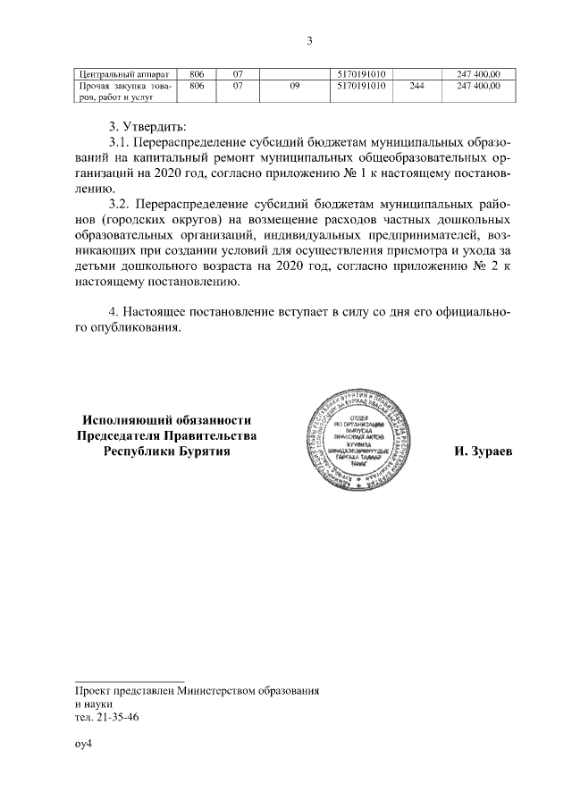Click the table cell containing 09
(294, 86)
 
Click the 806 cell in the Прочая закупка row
(198, 86)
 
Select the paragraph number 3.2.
(119, 205)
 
